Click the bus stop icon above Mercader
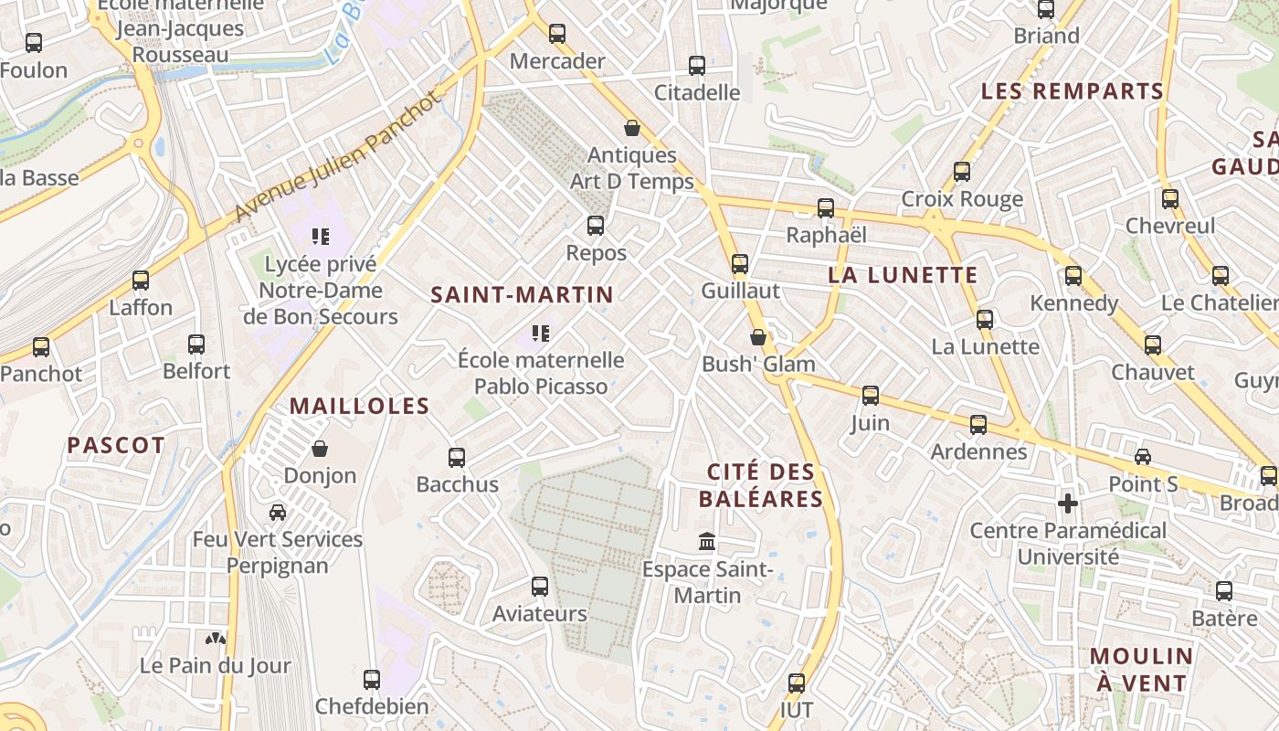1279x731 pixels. coord(557,34)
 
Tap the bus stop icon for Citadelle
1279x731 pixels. coord(697,66)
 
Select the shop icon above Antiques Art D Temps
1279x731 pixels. coord(631,128)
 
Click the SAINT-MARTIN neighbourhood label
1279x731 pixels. coord(522,294)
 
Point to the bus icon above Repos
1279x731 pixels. coord(596,225)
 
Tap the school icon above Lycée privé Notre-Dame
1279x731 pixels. coord(320,238)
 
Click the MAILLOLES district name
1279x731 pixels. coord(359,407)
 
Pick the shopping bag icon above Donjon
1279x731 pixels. coord(320,449)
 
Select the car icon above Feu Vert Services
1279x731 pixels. coord(278,513)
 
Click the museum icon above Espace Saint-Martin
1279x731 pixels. coord(707,543)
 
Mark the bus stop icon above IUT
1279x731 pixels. coord(797,683)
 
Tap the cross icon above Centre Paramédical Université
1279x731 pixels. coord(1067,503)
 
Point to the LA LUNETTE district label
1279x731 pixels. coord(903,275)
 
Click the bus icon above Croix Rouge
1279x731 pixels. coord(962,172)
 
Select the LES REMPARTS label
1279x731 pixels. coord(1073,91)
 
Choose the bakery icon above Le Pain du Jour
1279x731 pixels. coord(216,639)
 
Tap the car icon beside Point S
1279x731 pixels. coord(1143,457)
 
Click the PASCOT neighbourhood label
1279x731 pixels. coord(116,446)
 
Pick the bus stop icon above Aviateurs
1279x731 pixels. coord(540,587)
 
